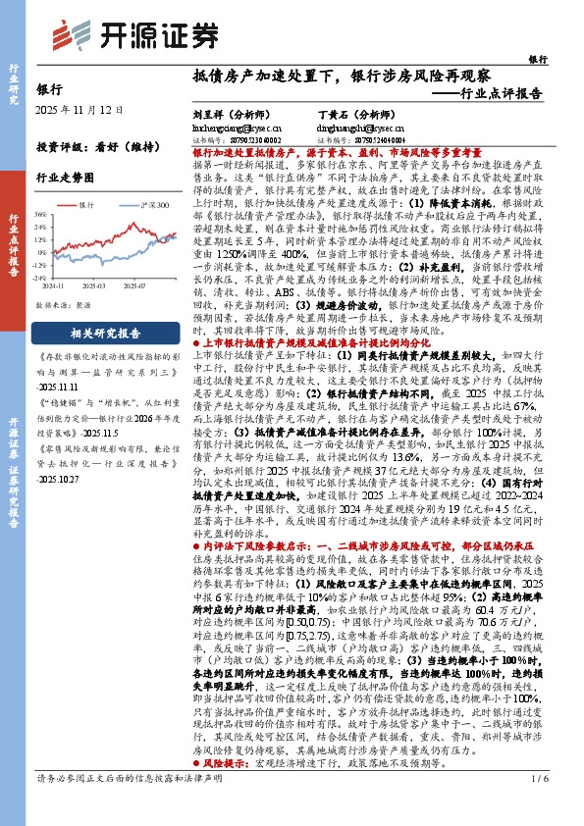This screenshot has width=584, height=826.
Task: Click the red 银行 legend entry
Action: (84, 205)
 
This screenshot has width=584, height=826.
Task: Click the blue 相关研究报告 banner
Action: (108, 334)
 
